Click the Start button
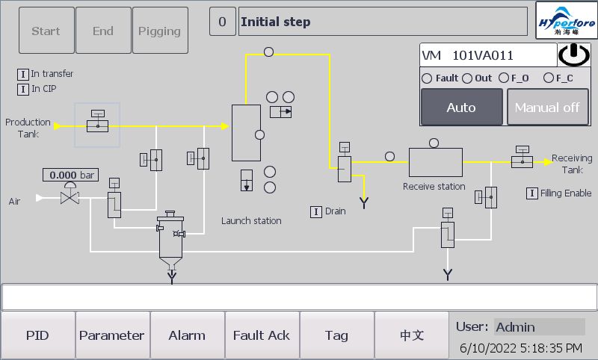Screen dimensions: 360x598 pos(46,31)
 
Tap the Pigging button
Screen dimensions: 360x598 pos(160,31)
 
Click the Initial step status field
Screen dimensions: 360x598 pos(383,22)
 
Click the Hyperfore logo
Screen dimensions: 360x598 pos(567,22)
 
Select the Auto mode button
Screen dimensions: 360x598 pos(461,107)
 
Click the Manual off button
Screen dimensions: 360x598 pos(547,107)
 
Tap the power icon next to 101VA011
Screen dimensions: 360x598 pos(573,55)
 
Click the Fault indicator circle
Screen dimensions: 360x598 pos(427,78)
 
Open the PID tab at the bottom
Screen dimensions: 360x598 pos(37,335)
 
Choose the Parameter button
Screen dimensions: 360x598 pos(112,335)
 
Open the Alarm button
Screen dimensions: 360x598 pos(187,335)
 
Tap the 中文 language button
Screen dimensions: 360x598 pos(411,335)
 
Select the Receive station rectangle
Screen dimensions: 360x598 pos(436,162)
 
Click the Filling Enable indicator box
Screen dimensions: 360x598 pos(532,193)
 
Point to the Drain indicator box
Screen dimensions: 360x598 pos(316,211)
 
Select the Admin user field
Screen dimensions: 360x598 pos(539,326)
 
